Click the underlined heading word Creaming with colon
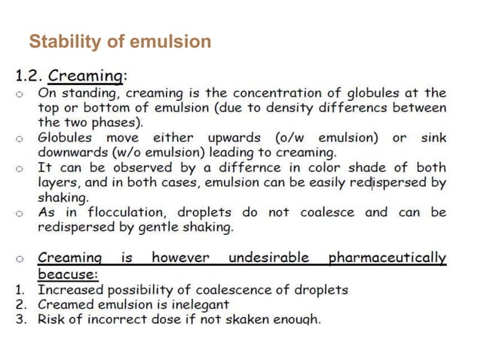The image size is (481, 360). pos(93,76)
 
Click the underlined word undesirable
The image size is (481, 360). pos(269,258)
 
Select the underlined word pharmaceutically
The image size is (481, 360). pos(388,258)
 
